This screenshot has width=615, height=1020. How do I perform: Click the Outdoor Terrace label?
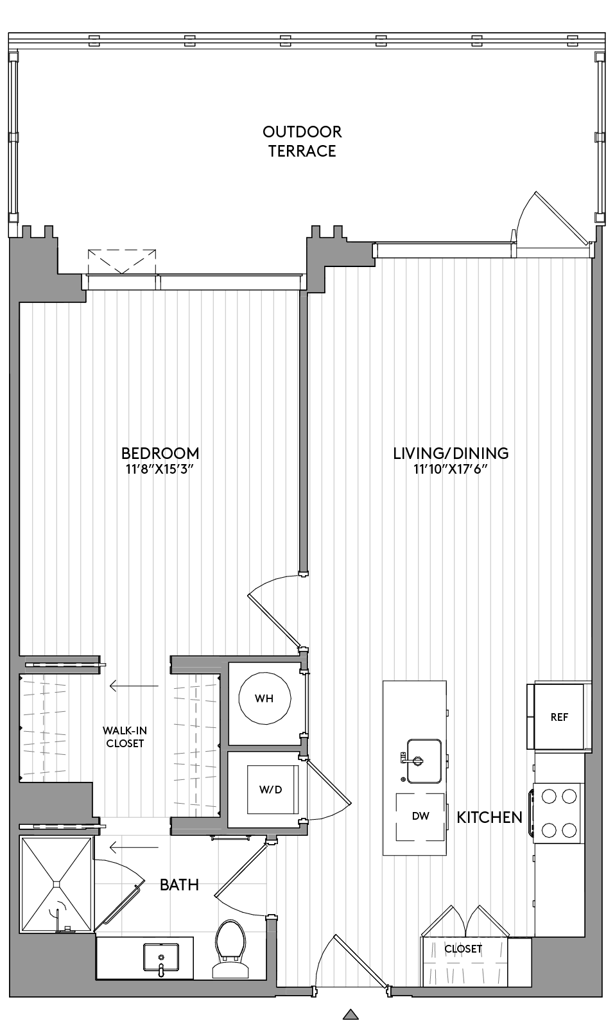pos(302,141)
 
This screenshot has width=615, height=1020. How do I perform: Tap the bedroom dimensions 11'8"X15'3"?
pos(160,469)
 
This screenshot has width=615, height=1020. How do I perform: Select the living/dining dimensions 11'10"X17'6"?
pos(450,469)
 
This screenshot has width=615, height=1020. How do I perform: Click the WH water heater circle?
pos(264,698)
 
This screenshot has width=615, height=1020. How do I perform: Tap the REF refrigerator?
pos(559,717)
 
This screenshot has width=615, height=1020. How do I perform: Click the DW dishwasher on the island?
pos(420,817)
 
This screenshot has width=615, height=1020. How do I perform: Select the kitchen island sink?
pos(424,761)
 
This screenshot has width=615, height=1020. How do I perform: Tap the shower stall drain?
pos(56,885)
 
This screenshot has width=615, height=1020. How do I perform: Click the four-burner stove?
pos(559,813)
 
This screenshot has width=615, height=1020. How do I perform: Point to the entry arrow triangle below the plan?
pos(351,1014)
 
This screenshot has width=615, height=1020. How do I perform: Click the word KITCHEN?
pos(489,818)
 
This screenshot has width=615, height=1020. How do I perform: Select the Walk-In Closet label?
pos(125,737)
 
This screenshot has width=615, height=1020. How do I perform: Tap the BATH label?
pos(180,885)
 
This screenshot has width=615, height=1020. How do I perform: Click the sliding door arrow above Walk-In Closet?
pos(134,686)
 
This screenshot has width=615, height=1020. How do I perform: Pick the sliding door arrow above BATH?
pos(134,847)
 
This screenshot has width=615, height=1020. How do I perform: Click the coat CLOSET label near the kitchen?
pos(463,949)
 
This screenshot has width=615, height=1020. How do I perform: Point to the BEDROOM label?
pos(160,454)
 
